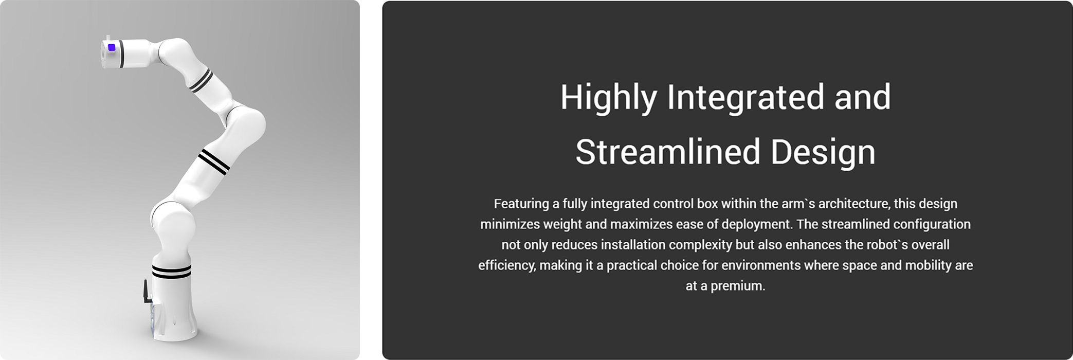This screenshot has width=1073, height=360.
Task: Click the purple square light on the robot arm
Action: (112, 47)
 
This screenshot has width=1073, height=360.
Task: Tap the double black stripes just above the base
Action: (172, 271)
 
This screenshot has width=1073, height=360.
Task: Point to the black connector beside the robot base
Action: (147, 292)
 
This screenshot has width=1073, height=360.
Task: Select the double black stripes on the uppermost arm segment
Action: (201, 80)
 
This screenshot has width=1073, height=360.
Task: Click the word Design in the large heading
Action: (823, 153)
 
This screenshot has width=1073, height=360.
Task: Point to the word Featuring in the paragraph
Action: (521, 204)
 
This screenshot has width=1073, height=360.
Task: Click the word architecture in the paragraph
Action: (853, 204)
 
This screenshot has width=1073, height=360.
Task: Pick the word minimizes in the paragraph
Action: (510, 224)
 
